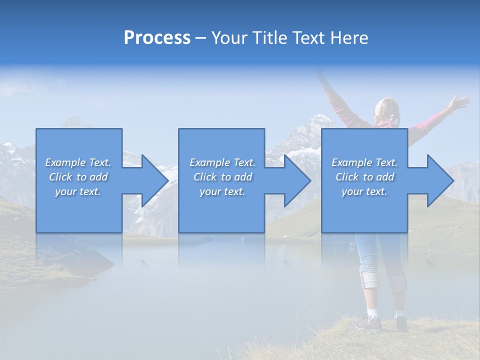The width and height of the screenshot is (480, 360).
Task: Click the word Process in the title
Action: click(157, 38)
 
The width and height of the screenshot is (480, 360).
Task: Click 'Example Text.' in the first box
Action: click(78, 162)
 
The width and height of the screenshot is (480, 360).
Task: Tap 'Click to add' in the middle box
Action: click(222, 177)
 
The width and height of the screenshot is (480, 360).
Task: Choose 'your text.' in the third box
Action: click(364, 191)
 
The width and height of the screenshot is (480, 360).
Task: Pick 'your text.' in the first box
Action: click(78, 191)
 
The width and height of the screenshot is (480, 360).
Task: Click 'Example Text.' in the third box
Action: click(364, 162)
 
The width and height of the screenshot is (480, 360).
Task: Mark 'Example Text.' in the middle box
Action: click(222, 162)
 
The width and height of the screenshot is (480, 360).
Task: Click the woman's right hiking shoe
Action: click(401, 322)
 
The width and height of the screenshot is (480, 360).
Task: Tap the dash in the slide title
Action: click(201, 38)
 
